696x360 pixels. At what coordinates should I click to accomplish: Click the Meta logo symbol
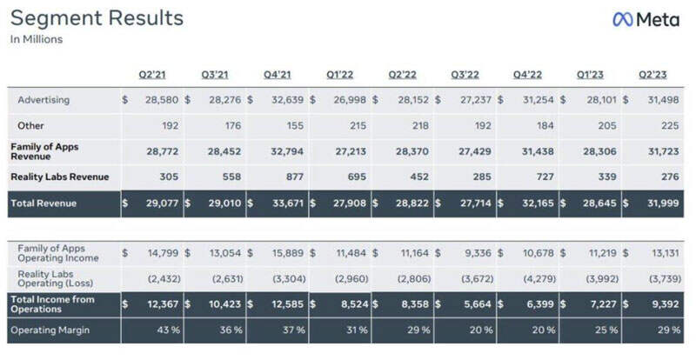click(x=624, y=19)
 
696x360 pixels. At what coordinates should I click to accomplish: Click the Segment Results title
click(x=97, y=18)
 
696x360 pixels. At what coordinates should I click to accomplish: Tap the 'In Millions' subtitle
click(x=37, y=39)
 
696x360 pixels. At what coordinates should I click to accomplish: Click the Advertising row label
click(x=43, y=100)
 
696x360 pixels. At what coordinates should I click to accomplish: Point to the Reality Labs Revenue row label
click(x=60, y=177)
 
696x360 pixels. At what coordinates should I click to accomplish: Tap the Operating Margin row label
click(x=51, y=330)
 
